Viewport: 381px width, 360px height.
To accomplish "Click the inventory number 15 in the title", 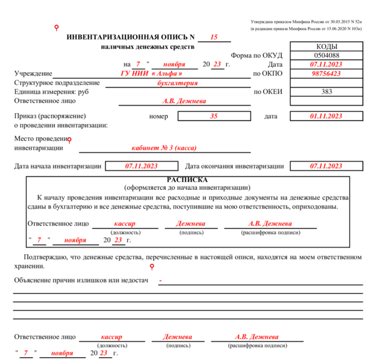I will coord(214,37).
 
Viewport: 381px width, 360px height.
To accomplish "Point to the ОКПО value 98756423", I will coord(326,73).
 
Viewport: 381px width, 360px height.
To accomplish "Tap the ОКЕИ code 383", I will coord(326,92).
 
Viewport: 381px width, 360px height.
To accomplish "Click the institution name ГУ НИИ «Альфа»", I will coord(151,73).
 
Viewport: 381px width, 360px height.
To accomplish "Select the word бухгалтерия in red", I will coord(177,82).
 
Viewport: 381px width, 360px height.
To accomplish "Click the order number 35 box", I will coord(214,116).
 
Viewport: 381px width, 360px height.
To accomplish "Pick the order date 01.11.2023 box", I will coord(326,116).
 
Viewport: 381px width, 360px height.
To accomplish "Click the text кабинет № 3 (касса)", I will coord(164,148).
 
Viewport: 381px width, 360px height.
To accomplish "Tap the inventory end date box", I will coord(326,166).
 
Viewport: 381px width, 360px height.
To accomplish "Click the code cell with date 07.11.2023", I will coord(326,64).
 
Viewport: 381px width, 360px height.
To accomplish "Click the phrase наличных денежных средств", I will coord(148,47).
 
